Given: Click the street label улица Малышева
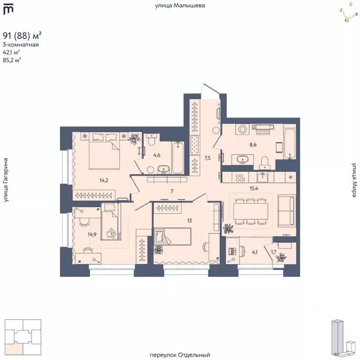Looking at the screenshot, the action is tap(180, 6).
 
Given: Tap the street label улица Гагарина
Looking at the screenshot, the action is tap(6, 180).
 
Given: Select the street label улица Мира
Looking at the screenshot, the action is tap(354, 180).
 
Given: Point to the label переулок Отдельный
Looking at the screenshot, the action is tap(180, 355).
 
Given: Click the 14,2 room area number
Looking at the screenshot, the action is tap(104, 180).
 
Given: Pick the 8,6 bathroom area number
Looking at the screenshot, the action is tap(253, 145).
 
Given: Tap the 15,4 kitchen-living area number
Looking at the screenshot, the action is tap(254, 188).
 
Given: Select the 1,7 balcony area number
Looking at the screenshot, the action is tap(273, 252).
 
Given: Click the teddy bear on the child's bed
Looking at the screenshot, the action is tap(111, 233).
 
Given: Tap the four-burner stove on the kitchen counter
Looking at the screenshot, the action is tap(240, 178).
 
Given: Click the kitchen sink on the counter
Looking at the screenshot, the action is tap(262, 177).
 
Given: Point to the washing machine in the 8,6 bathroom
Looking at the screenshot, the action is tap(242, 129).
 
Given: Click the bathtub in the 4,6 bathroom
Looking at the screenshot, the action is tap(178, 157).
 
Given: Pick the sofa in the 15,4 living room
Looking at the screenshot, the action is tap(287, 210).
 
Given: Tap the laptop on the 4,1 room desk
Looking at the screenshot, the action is tap(232, 251).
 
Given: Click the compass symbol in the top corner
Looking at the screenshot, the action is tap(349, 13).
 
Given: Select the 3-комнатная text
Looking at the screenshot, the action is tap(21, 45).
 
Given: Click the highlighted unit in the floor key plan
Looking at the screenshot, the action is tap(14, 348).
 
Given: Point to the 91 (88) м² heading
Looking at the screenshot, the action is tap(22, 36).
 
